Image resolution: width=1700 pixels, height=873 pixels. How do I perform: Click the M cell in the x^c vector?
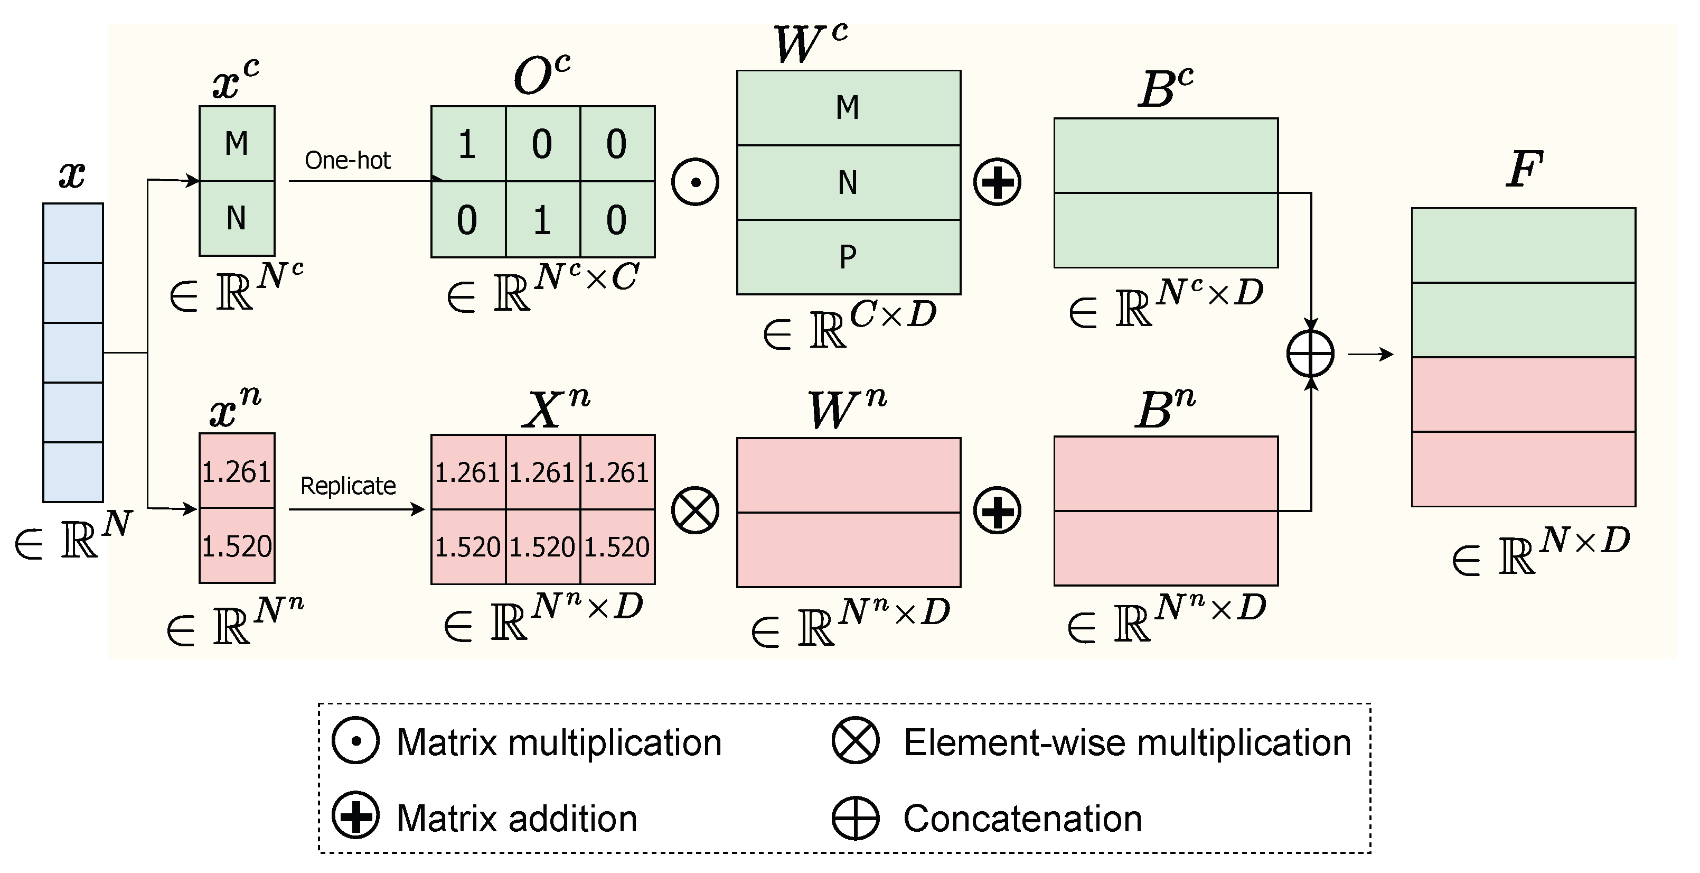pos(237,143)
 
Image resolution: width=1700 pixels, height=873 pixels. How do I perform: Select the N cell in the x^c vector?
pos(237,218)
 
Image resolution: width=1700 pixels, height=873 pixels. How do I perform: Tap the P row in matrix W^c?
pos(848,257)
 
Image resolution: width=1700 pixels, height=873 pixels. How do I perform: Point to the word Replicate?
pos(348,486)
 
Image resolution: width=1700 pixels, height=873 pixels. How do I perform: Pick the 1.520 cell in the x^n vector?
pos(237,546)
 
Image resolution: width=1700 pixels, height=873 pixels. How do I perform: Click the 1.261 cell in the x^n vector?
pos(237,471)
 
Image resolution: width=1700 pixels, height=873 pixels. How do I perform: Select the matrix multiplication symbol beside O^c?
pos(695,182)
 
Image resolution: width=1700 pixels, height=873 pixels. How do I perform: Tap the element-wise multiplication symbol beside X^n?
pos(695,510)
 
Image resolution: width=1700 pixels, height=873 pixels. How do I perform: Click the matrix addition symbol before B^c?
pos(997,182)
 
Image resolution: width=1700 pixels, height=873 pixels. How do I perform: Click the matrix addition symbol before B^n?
pos(997,510)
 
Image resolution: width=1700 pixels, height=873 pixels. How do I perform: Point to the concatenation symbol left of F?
pos(1310,354)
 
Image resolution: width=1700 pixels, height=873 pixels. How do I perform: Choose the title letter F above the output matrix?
pos(1524,169)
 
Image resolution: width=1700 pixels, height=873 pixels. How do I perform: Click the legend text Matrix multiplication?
pos(558,742)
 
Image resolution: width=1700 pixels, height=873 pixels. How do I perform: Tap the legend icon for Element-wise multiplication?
pos(855,741)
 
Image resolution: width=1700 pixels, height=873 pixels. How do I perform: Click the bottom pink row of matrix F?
pos(1523,469)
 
